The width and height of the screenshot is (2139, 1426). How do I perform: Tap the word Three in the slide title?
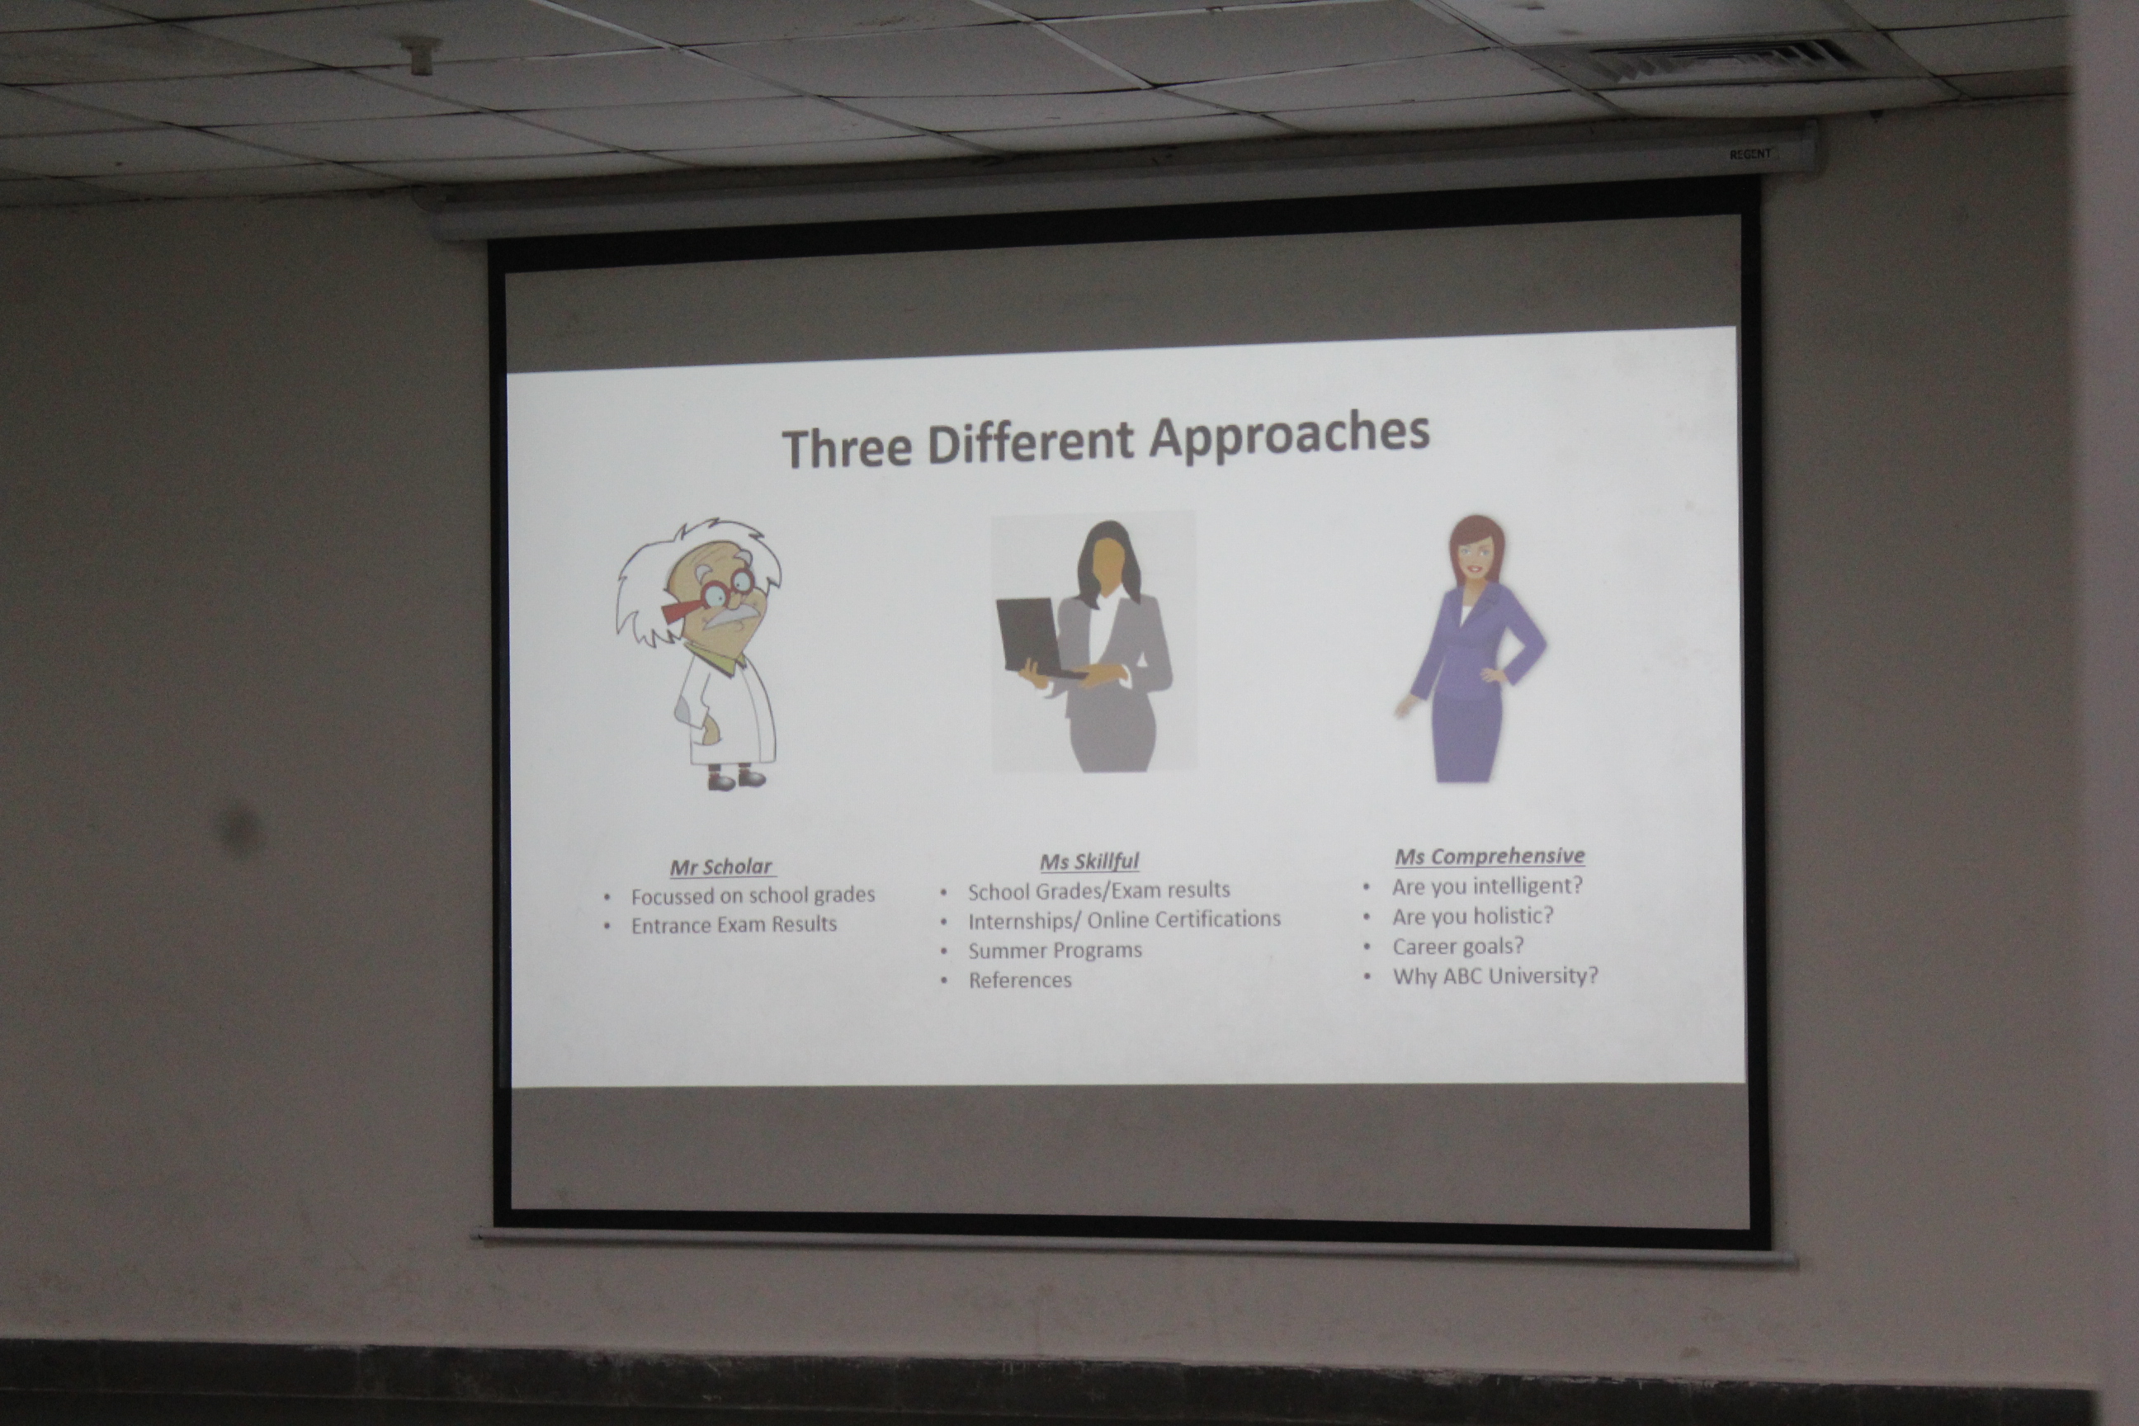pos(847,447)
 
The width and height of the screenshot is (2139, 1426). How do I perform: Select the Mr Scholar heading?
pos(721,866)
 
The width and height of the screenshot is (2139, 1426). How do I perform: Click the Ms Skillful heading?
pos(1089,862)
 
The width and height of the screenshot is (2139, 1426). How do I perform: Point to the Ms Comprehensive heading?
pos(1490,856)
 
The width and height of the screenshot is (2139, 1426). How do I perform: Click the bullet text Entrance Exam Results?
pos(734,925)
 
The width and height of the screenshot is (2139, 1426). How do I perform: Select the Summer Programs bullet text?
pos(1055,951)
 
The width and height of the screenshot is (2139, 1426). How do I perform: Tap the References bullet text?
pos(1019,980)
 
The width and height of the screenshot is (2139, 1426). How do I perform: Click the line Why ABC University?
pos(1495,975)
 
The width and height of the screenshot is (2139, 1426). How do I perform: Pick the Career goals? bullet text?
pos(1458,946)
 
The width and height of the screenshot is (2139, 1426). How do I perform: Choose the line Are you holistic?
pos(1472,916)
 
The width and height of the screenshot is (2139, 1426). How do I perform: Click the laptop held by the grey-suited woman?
pos(1034,640)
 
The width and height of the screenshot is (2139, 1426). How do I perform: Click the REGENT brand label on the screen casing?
pos(1749,154)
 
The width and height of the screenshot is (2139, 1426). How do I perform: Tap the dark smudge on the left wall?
pos(240,830)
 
